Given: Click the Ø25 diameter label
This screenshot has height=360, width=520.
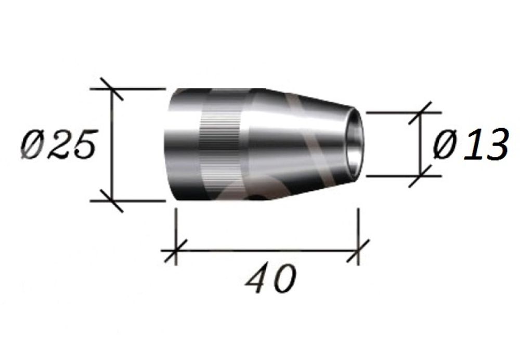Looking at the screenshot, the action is click(x=59, y=145).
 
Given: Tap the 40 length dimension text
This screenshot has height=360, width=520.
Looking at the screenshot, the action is click(x=270, y=278).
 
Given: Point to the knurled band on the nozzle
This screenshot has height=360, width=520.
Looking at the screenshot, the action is click(x=220, y=145).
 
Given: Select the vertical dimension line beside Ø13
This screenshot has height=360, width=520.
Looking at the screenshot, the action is click(x=421, y=144).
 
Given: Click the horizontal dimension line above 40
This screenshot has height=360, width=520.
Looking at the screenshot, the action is click(x=267, y=251).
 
